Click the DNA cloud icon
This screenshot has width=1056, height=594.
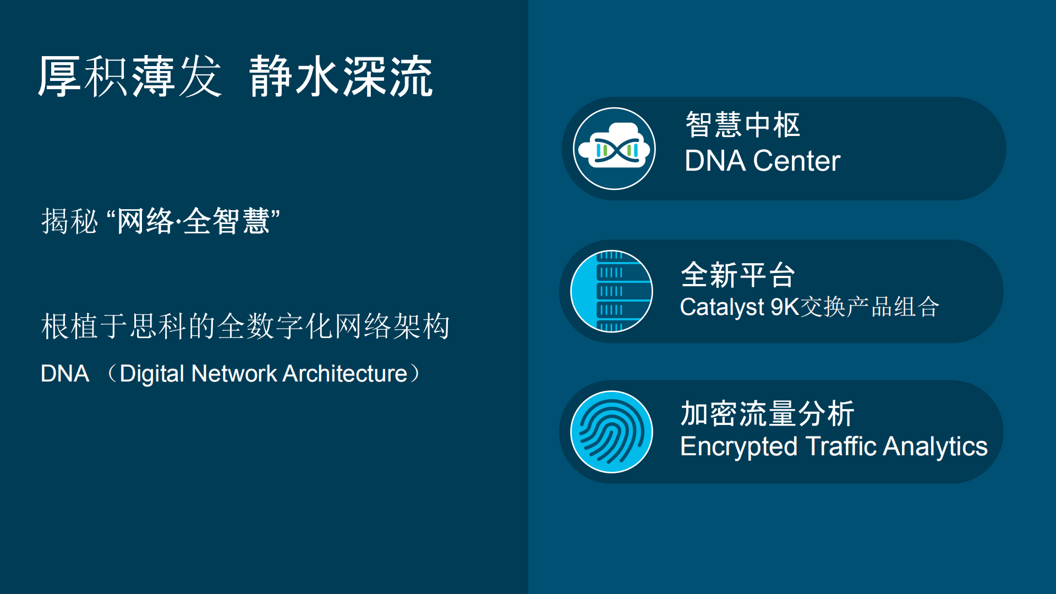click(x=614, y=149)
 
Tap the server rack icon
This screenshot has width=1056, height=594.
click(x=611, y=291)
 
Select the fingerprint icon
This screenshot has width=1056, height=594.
click(x=611, y=432)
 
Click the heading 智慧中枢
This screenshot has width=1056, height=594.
click(x=742, y=124)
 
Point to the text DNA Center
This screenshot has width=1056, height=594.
click(x=762, y=161)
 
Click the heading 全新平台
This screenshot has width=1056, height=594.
click(x=738, y=275)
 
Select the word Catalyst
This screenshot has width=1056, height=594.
click(x=722, y=307)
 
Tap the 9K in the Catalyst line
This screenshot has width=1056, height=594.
click(x=784, y=307)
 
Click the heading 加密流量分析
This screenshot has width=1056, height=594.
click(x=767, y=413)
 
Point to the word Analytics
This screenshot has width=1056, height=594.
click(x=935, y=446)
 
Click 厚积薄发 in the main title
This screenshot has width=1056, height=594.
click(x=130, y=77)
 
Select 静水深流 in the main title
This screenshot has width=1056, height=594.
click(x=341, y=77)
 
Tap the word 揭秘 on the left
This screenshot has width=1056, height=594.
click(x=69, y=221)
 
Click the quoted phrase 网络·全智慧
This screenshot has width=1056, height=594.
click(x=193, y=221)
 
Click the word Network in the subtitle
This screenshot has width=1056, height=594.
click(x=234, y=374)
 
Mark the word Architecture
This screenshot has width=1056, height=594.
click(x=345, y=374)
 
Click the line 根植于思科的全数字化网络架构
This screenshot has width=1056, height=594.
click(x=245, y=326)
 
